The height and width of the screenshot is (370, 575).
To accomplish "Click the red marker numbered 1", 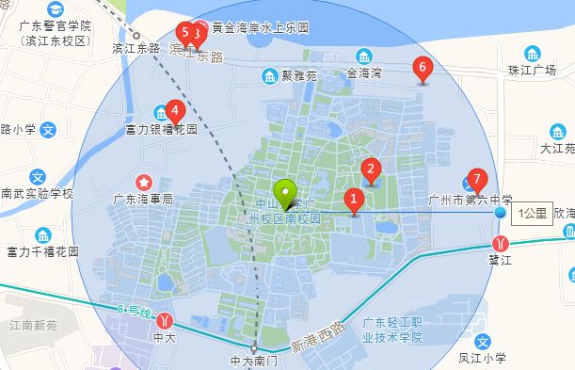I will point(354,200).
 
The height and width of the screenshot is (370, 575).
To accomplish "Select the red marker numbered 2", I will point(371,170).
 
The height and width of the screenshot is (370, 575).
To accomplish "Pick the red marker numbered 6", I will point(422,69).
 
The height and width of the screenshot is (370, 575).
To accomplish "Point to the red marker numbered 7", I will point(477,179).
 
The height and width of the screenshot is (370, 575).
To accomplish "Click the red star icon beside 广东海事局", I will point(144,181).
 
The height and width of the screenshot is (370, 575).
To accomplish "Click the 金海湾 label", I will point(363,72).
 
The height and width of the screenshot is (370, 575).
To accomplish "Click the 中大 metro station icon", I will point(166,319).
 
